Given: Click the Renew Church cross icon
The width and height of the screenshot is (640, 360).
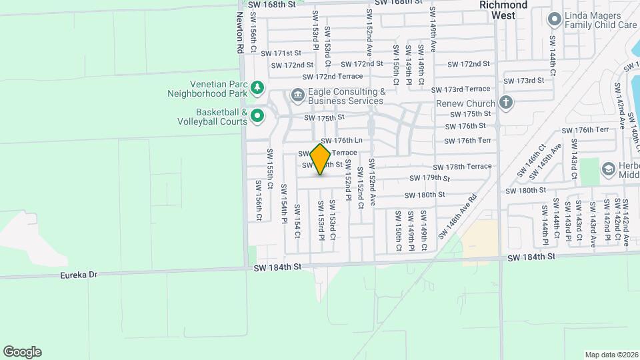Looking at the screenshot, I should pos(506,103).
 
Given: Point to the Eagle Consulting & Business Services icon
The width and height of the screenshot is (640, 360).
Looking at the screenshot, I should pos(297,95).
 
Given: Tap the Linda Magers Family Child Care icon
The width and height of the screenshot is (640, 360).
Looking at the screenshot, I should pos(553,19).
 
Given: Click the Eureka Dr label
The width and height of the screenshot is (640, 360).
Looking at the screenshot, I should pos(79,273).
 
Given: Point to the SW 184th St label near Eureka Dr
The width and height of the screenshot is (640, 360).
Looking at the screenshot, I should pos(278,267).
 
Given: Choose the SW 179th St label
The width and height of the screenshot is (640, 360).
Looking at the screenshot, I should pos(431,179).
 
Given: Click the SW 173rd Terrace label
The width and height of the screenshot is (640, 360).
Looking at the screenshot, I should pos(460,89).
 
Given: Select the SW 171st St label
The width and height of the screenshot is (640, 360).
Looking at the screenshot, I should pos(281,53).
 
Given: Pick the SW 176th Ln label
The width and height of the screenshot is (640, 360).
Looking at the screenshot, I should pos(341,141).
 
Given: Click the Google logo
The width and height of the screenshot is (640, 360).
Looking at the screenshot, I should pos(22,352).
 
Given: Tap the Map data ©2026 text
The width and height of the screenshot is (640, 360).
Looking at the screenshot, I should pos(611,354).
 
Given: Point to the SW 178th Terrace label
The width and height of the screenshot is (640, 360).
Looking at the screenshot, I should pos(462,167).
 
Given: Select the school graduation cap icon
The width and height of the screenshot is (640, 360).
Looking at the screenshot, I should pos(607,168).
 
